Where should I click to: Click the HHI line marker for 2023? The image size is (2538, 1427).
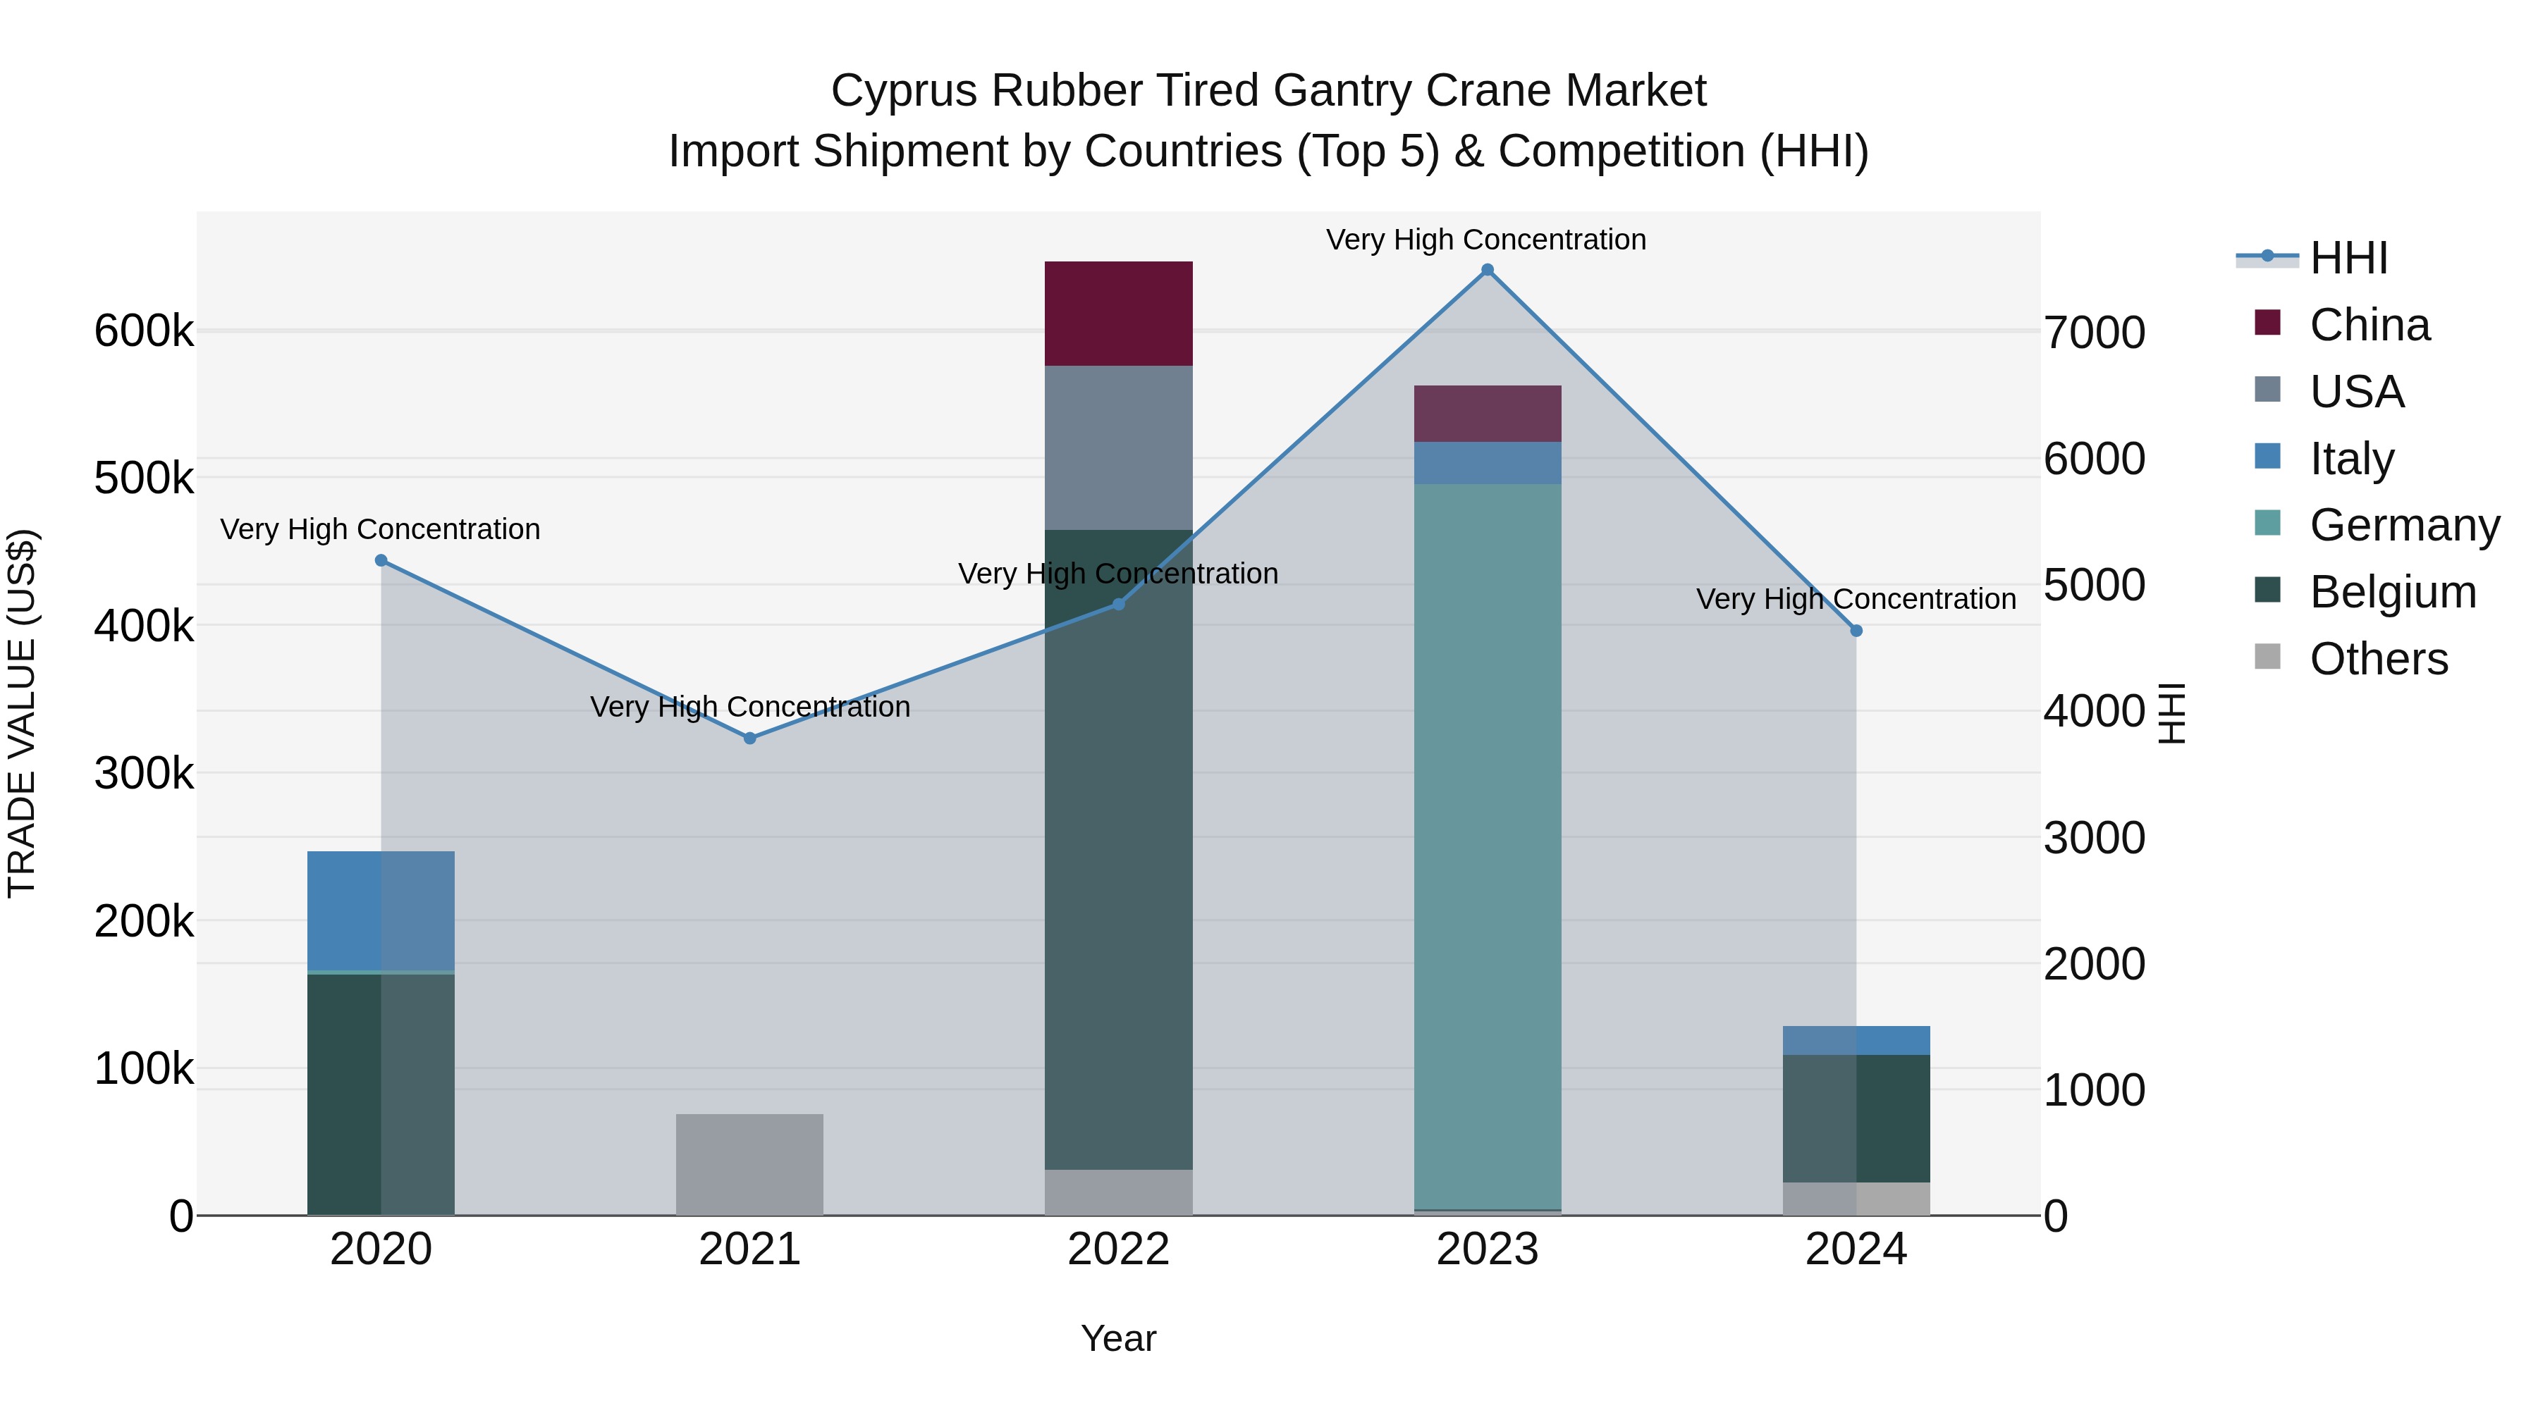pyautogui.click(x=1488, y=270)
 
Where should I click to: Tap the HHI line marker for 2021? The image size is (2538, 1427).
pyautogui.click(x=750, y=738)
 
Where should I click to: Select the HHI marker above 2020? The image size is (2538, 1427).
pyautogui.click(x=381, y=560)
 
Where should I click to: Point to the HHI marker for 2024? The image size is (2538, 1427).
pyautogui.click(x=1856, y=630)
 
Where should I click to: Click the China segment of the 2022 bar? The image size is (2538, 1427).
pyautogui.click(x=1118, y=313)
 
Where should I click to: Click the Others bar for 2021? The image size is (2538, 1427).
pyautogui.click(x=750, y=1164)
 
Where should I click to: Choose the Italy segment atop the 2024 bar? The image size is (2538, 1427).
pyautogui.click(x=1856, y=1040)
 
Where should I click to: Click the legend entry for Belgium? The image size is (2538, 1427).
pyautogui.click(x=2391, y=592)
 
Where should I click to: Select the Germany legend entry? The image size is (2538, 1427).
pyautogui.click(x=2403, y=525)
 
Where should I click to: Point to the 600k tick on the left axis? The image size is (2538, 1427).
pyautogui.click(x=144, y=331)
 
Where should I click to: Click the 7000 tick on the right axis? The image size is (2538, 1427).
pyautogui.click(x=2095, y=333)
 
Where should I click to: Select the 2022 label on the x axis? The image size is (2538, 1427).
pyautogui.click(x=1118, y=1249)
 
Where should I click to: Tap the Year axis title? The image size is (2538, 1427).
pyautogui.click(x=1118, y=1338)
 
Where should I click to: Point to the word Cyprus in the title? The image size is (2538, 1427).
pyautogui.click(x=904, y=91)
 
